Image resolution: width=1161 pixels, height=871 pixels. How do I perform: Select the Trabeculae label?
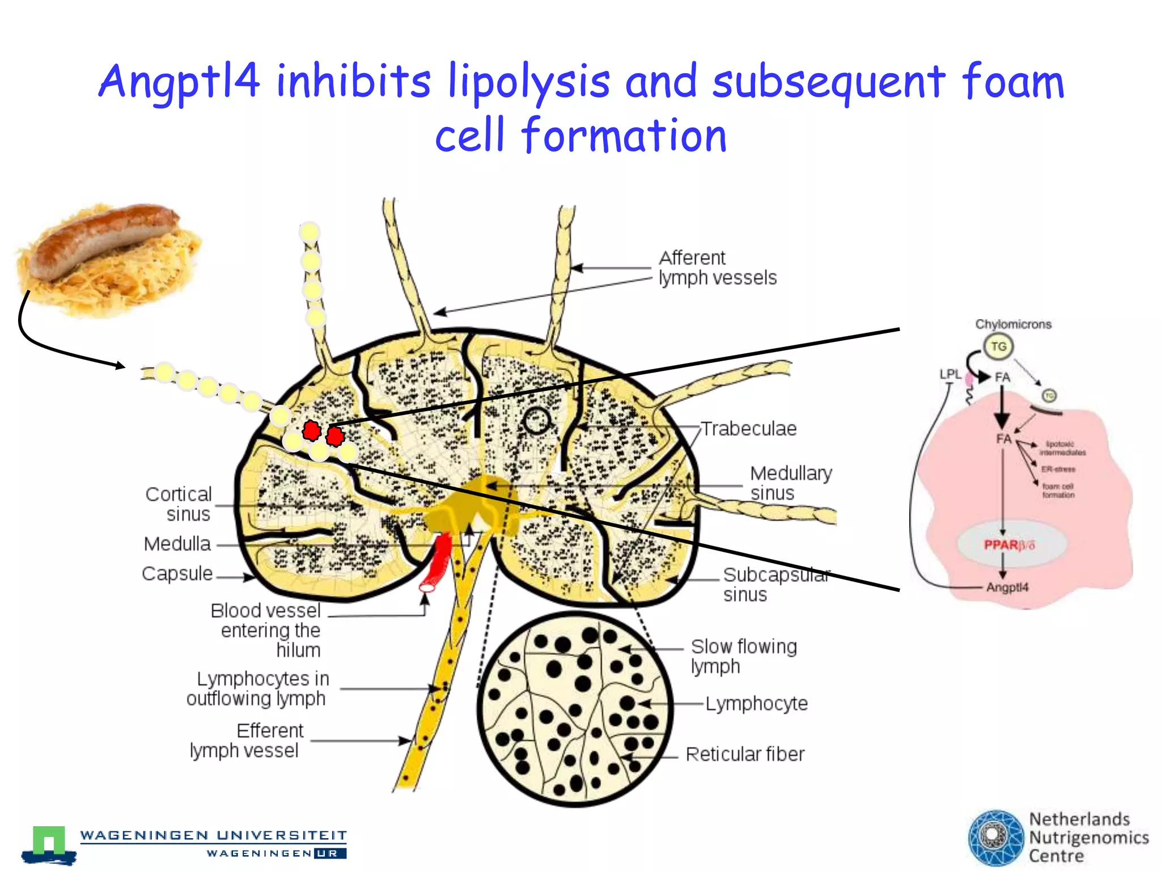click(x=748, y=429)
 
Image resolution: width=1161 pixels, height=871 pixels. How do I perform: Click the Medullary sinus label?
click(x=791, y=483)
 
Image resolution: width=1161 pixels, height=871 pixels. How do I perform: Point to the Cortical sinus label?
click(x=179, y=504)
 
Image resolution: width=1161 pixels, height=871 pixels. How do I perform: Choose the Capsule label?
click(x=177, y=573)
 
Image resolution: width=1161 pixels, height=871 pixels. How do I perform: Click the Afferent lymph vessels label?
click(x=717, y=268)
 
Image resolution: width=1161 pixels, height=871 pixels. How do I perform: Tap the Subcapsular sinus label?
click(x=776, y=584)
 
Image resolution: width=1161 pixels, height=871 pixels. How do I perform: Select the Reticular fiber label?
click(x=745, y=754)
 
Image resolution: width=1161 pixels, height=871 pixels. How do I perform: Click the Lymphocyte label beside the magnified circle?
click(x=756, y=704)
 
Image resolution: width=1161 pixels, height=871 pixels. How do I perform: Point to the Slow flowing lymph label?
click(x=743, y=656)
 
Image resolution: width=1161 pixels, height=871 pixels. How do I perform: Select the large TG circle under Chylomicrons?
click(x=998, y=346)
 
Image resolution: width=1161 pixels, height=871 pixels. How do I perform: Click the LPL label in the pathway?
click(x=950, y=374)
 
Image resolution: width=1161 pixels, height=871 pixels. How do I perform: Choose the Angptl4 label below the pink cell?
click(x=1007, y=587)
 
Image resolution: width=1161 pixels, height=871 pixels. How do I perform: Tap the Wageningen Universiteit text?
click(x=213, y=835)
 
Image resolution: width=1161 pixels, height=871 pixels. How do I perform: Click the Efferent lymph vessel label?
click(x=245, y=741)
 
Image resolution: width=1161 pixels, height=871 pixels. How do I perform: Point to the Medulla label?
click(x=177, y=544)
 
